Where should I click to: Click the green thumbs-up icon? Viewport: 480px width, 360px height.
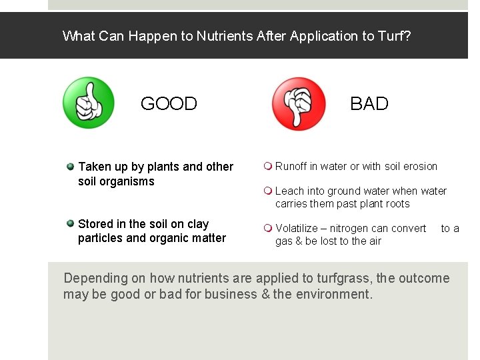[x=88, y=103]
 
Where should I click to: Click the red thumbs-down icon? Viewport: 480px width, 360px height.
[x=299, y=103]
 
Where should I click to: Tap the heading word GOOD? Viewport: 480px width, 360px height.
[x=169, y=104]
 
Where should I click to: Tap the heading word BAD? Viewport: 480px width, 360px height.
[x=369, y=104]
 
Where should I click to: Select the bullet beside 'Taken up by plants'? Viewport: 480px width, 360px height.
[x=70, y=166]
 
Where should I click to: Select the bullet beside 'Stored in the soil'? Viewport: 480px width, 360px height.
[x=70, y=223]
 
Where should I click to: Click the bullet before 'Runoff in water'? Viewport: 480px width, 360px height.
[x=267, y=166]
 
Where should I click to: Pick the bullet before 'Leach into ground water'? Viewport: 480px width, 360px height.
[x=267, y=191]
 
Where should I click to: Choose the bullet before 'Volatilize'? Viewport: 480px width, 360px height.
[x=267, y=228]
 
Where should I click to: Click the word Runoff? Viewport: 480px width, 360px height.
[x=291, y=166]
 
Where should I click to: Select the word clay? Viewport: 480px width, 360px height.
[x=197, y=224]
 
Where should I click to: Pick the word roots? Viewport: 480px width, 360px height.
[x=396, y=203]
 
